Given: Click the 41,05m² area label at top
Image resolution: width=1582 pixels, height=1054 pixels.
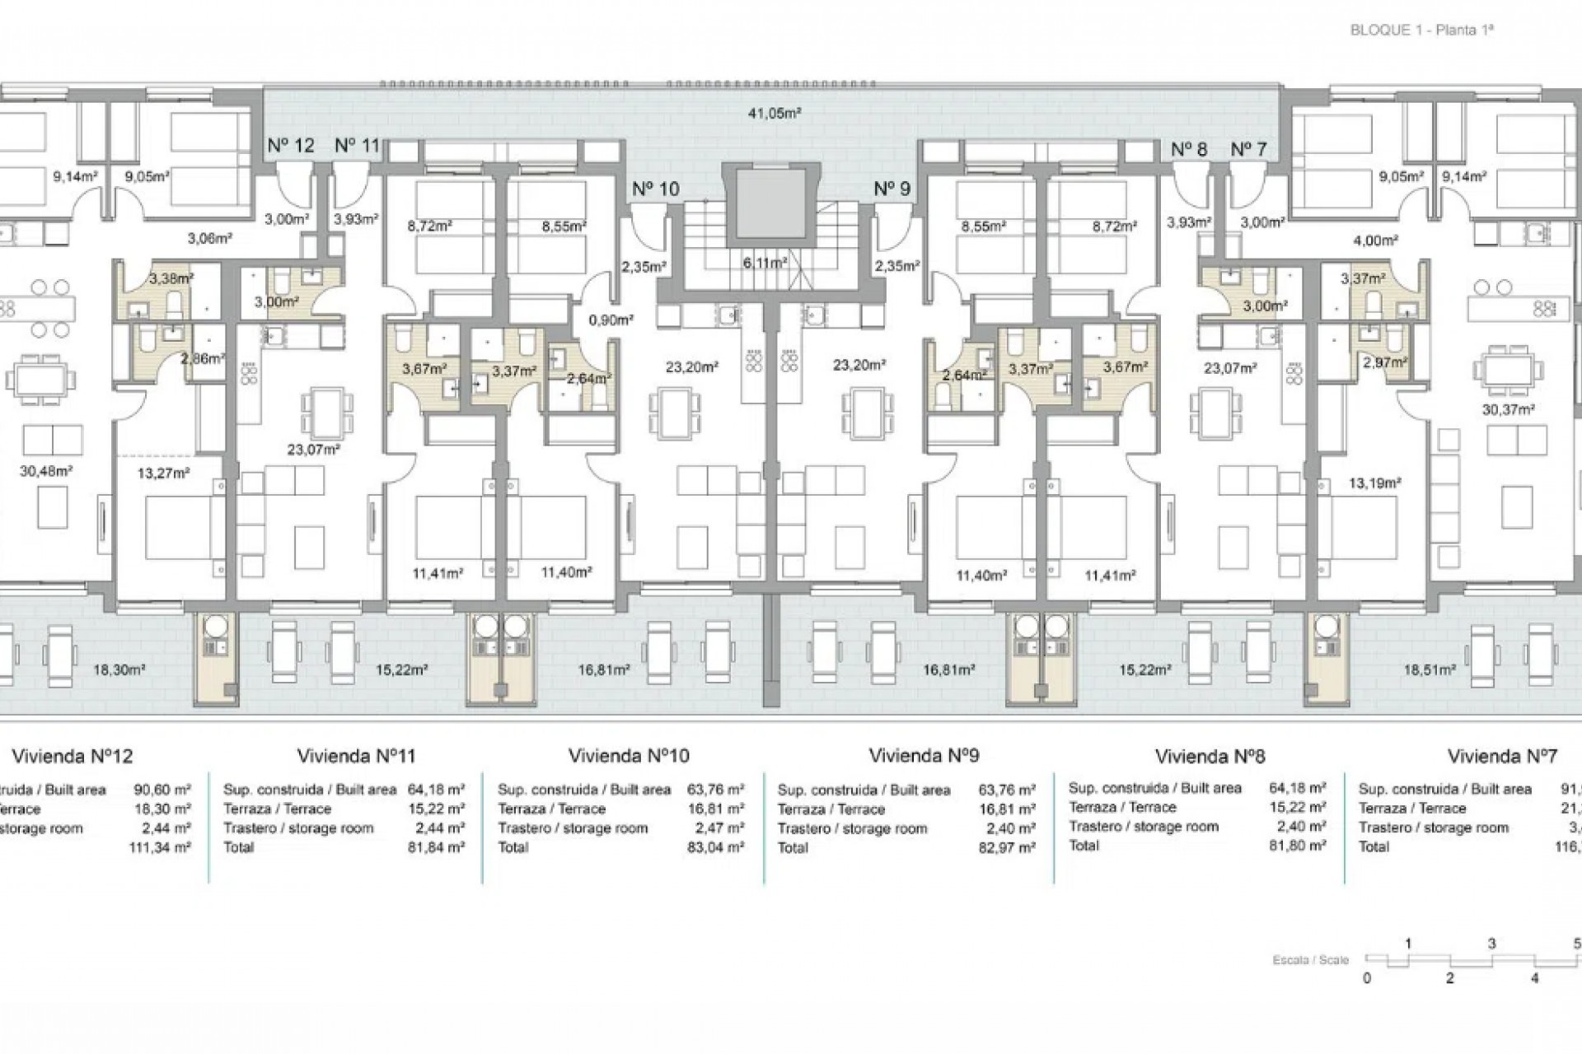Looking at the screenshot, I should [x=775, y=114].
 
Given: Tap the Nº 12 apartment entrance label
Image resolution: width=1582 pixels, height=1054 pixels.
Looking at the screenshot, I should [x=291, y=146].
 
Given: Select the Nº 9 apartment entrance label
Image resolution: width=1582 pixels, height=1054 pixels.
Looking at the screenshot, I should [x=892, y=189].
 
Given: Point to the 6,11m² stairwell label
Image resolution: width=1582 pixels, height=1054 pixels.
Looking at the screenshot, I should [x=765, y=263].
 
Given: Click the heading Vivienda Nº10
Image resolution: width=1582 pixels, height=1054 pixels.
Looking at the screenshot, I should [x=629, y=755].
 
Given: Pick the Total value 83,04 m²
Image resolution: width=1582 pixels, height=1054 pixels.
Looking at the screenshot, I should [x=715, y=846].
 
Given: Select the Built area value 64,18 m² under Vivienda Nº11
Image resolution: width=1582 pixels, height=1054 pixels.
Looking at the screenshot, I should [x=436, y=789].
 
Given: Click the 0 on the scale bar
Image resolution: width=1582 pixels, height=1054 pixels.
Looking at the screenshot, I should [x=1367, y=978].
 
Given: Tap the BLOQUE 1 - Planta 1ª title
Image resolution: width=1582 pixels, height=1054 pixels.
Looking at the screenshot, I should [x=1422, y=30].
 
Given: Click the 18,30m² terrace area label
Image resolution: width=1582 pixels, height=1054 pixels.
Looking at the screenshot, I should [x=119, y=670].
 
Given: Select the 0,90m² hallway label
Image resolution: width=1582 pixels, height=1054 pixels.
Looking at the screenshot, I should [x=609, y=320].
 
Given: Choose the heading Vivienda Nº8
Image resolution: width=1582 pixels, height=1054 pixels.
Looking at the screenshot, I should [x=1210, y=756].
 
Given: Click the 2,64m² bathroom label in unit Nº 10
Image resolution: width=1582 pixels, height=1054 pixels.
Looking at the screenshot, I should [x=589, y=378].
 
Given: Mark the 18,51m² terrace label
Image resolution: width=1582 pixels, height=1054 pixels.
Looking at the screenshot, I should [x=1430, y=670].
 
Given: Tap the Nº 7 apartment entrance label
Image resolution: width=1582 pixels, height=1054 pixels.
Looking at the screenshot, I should [x=1248, y=149].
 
